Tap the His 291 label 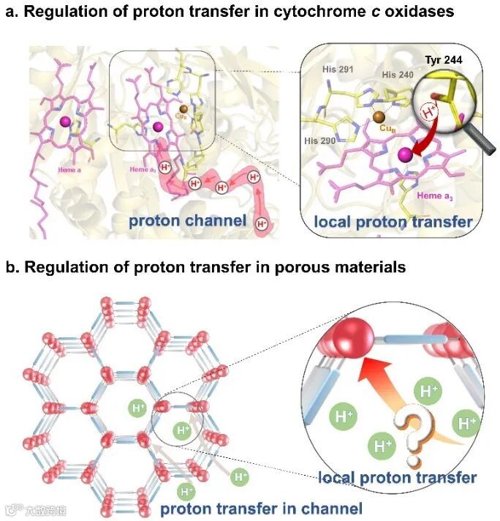pyautogui.click(x=339, y=72)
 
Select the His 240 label pyautogui.click(x=398, y=75)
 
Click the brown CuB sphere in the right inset pyautogui.click(x=378, y=117)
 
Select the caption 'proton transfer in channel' pyautogui.click(x=261, y=508)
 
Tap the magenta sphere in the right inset pyautogui.click(x=404, y=155)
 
